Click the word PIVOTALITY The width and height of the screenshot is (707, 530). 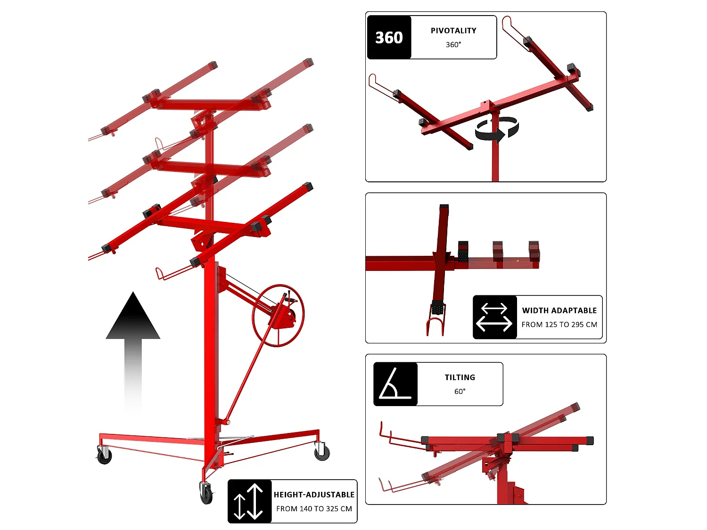[453, 31]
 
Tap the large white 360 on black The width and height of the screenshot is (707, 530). [389, 38]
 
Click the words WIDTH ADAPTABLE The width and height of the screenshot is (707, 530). [559, 310]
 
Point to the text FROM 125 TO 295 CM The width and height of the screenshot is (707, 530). [559, 325]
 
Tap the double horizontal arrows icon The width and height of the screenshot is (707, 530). [494, 317]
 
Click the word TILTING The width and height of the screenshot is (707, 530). [460, 377]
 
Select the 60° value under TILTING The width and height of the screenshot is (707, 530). [460, 391]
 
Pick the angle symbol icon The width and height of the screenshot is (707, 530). [395, 384]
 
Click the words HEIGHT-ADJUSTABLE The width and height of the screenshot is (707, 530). [314, 495]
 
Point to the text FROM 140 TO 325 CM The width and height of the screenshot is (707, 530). [314, 509]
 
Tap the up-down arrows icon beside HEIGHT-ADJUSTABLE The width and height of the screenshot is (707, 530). [248, 502]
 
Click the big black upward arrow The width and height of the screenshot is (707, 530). [133, 351]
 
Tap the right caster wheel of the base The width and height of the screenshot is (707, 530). [321, 451]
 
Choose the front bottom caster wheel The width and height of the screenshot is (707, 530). [206, 493]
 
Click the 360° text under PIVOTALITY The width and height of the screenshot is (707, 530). [453, 45]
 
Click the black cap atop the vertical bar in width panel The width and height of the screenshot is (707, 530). [444, 206]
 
